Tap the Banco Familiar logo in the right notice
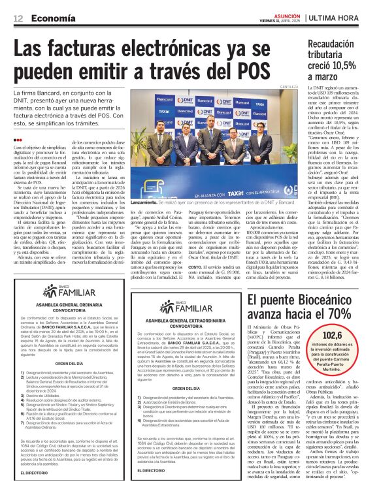[x=186, y=303]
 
